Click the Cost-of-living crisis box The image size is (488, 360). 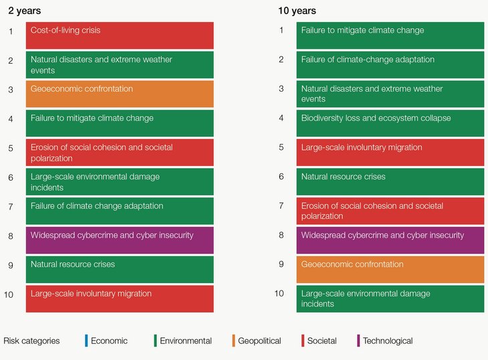[x=120, y=35]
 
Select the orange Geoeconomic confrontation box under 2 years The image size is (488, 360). [x=120, y=94]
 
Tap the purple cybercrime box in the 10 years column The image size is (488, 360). [x=390, y=240]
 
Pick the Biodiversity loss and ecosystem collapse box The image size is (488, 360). [x=390, y=123]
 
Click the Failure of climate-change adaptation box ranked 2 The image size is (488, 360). [x=390, y=65]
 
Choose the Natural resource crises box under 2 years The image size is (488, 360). [x=120, y=269]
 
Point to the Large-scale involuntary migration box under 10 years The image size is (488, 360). [x=390, y=153]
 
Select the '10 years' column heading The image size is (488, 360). [x=297, y=11]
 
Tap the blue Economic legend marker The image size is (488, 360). [x=86, y=341]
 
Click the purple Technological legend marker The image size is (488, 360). [x=358, y=341]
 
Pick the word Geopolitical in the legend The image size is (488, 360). [x=259, y=341]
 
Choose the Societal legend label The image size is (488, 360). [x=322, y=341]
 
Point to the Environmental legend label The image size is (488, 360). [x=186, y=341]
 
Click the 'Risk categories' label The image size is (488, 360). [x=31, y=341]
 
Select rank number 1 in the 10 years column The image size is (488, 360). [x=281, y=30]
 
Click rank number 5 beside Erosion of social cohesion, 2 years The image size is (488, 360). [x=11, y=147]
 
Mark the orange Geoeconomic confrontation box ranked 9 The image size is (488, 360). [x=390, y=270]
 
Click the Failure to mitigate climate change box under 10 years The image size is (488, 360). [x=390, y=35]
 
